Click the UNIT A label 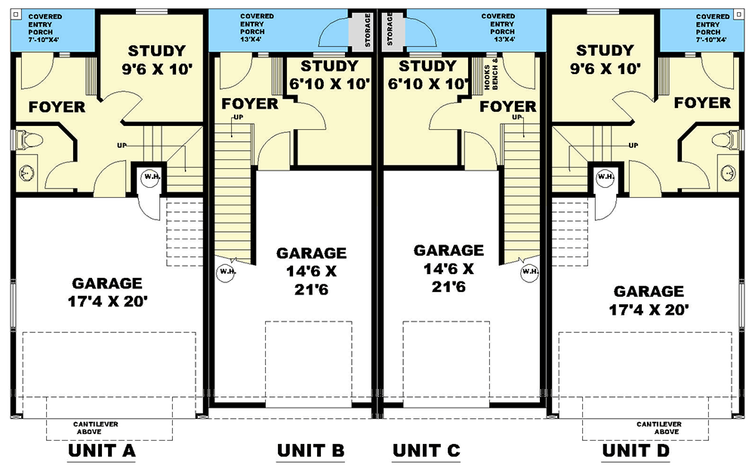click(x=101, y=451)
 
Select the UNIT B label click(x=310, y=451)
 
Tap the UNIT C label click(x=426, y=451)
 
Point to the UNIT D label click(x=636, y=451)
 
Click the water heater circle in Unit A click(x=149, y=177)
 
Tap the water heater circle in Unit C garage click(x=529, y=271)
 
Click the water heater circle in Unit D click(x=606, y=177)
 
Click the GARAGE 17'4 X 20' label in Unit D click(x=649, y=300)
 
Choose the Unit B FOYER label click(x=249, y=103)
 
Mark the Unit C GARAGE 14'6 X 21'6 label click(x=448, y=268)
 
